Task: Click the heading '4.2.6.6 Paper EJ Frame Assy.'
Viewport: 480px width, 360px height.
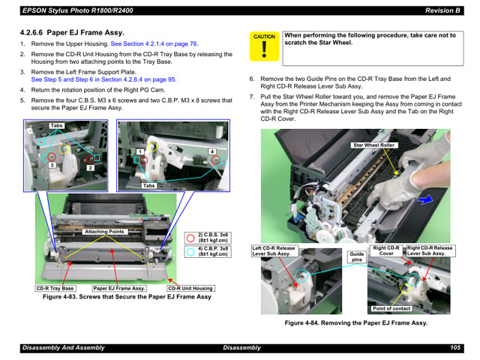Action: (71, 33)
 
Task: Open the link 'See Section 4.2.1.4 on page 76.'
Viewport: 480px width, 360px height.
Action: (154, 44)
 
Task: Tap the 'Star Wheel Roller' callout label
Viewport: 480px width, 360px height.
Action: (373, 145)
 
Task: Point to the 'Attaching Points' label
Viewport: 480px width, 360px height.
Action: (104, 232)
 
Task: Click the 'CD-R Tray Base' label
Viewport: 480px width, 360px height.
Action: (55, 288)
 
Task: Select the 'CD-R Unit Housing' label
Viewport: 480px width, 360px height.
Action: (190, 288)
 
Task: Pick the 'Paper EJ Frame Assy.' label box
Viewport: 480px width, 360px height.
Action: (119, 288)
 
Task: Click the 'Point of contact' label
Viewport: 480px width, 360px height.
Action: (391, 308)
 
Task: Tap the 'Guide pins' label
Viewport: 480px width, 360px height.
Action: (357, 256)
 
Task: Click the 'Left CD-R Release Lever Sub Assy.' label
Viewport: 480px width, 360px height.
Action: (274, 250)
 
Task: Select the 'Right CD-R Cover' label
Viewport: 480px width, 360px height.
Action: (386, 250)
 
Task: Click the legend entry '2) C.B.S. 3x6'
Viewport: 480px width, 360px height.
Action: (213, 237)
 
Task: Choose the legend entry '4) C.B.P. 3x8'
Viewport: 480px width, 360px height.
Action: (213, 251)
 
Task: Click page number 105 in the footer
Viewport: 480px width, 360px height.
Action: (454, 348)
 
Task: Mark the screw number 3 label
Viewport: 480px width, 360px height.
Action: (52, 164)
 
